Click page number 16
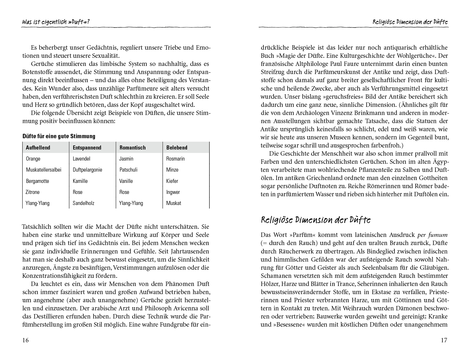pyautogui.click(x=26, y=340)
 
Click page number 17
pyautogui.click(x=444, y=340)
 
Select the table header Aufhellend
pyautogui.click(x=38, y=147)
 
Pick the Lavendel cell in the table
pyautogui.click(x=81, y=159)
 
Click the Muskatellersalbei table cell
pyautogui.click(x=44, y=170)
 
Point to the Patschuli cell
pyautogui.click(x=128, y=170)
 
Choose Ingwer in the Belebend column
pyautogui.click(x=173, y=192)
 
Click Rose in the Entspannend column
pyautogui.click(x=78, y=192)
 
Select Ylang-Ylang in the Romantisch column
pyautogui.click(x=131, y=203)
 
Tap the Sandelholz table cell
pyautogui.click(x=83, y=203)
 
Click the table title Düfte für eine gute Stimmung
pyautogui.click(x=59, y=136)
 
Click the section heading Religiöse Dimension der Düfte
pyautogui.click(x=316, y=220)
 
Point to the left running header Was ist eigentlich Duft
pyautogui.click(x=58, y=22)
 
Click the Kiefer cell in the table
pyautogui.click(x=172, y=181)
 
